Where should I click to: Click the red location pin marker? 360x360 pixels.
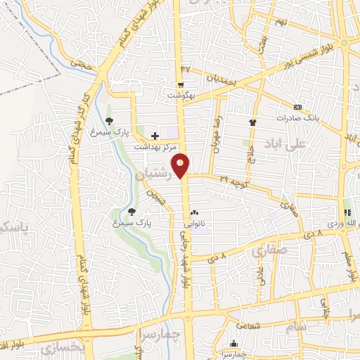tap(181, 166)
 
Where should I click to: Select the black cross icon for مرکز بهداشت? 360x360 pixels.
tap(155, 135)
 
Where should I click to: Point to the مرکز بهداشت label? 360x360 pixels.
tap(156, 147)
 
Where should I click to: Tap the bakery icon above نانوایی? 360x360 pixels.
tap(194, 213)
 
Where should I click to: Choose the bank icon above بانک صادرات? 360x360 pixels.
tap(297, 107)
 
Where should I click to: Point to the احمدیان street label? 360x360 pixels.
tap(226, 78)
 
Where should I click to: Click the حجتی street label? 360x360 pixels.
tap(85, 64)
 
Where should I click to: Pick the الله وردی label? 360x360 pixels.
tap(347, 224)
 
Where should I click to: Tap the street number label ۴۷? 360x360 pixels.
tap(185, 68)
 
